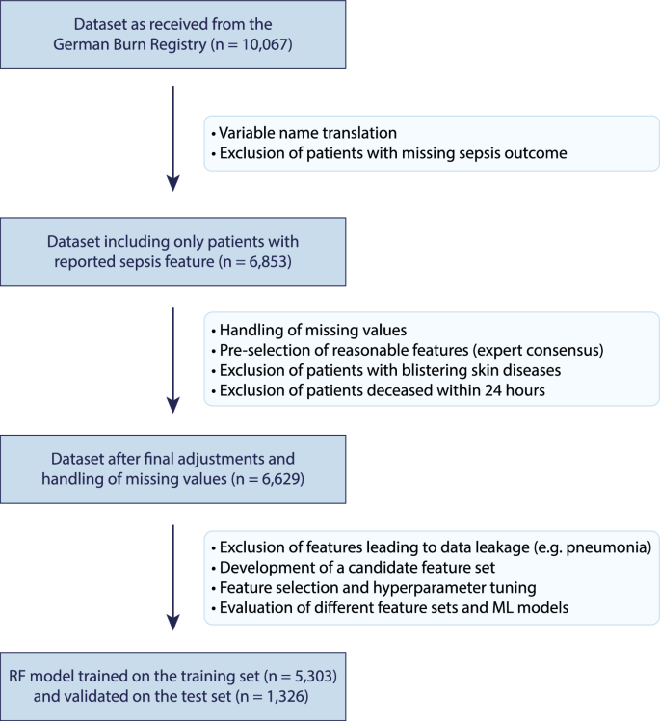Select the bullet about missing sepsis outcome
coord(377,153)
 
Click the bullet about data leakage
coord(431,547)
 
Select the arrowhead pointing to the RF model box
coord(172,618)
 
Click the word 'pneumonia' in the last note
coord(610,547)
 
